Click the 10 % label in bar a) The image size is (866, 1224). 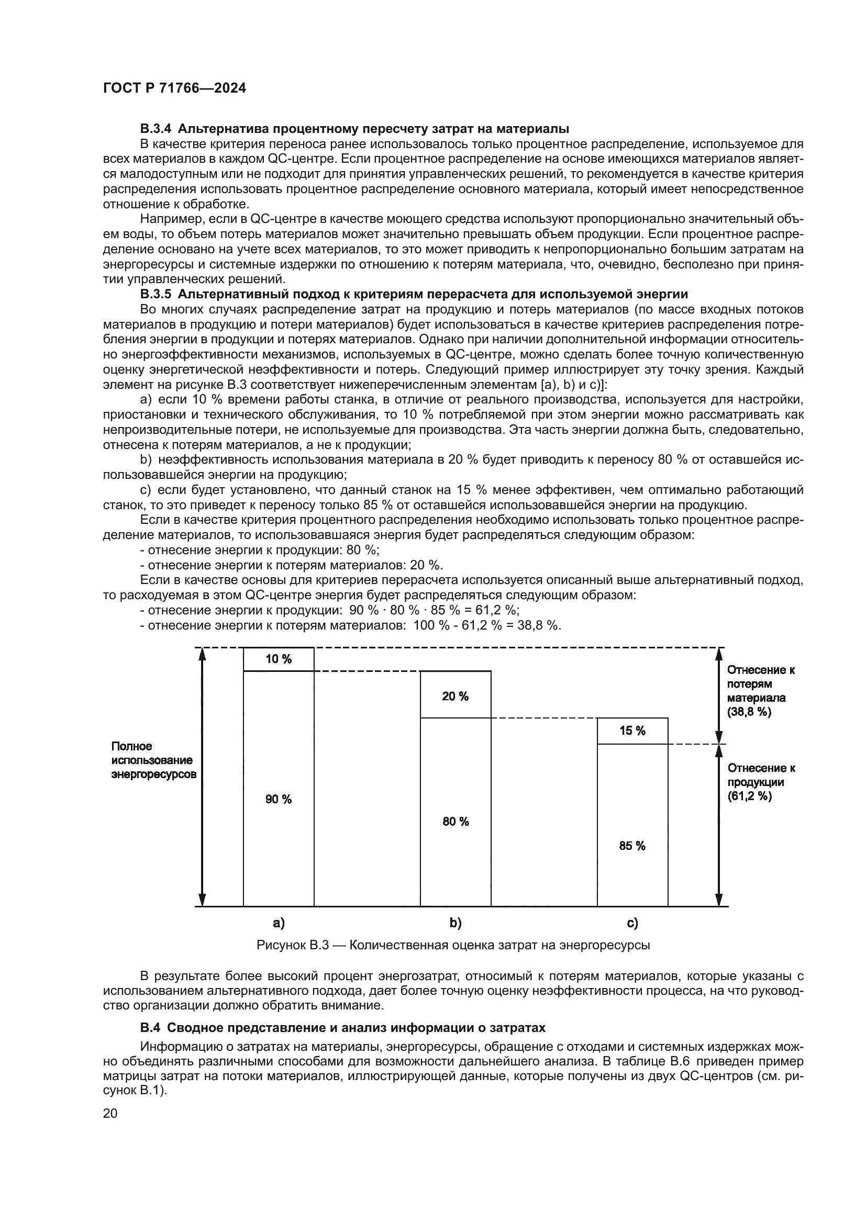279,659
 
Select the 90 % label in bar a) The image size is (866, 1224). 279,799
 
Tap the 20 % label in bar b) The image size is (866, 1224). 456,696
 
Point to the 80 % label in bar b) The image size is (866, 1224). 456,822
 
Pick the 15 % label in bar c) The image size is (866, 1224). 632,731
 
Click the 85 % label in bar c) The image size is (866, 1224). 632,846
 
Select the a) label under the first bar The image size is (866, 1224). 279,923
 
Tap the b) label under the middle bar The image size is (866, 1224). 456,923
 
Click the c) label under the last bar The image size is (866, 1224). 632,923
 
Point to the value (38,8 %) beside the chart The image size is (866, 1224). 749,712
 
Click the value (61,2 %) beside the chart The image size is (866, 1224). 749,796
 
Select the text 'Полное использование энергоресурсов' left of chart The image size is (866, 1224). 153,760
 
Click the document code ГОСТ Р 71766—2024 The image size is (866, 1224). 174,88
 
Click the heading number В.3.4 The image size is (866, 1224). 156,129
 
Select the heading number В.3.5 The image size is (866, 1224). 156,294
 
